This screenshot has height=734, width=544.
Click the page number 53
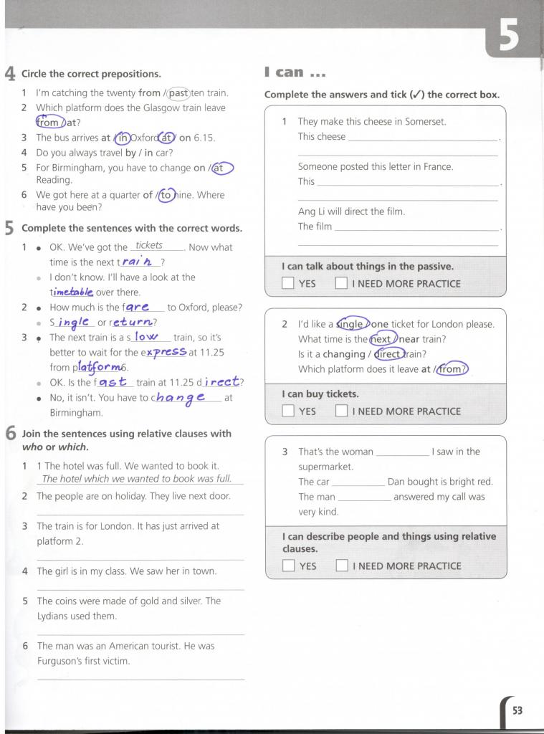517,710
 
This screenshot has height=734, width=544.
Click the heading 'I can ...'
295,72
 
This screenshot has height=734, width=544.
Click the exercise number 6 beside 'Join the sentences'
10,434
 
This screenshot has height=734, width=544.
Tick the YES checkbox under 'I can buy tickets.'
288,411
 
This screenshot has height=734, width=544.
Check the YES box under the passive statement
288,283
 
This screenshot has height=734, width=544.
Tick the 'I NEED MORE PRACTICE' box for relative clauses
342,566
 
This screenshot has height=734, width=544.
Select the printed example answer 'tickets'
149,246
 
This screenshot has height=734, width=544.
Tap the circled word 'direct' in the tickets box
388,354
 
